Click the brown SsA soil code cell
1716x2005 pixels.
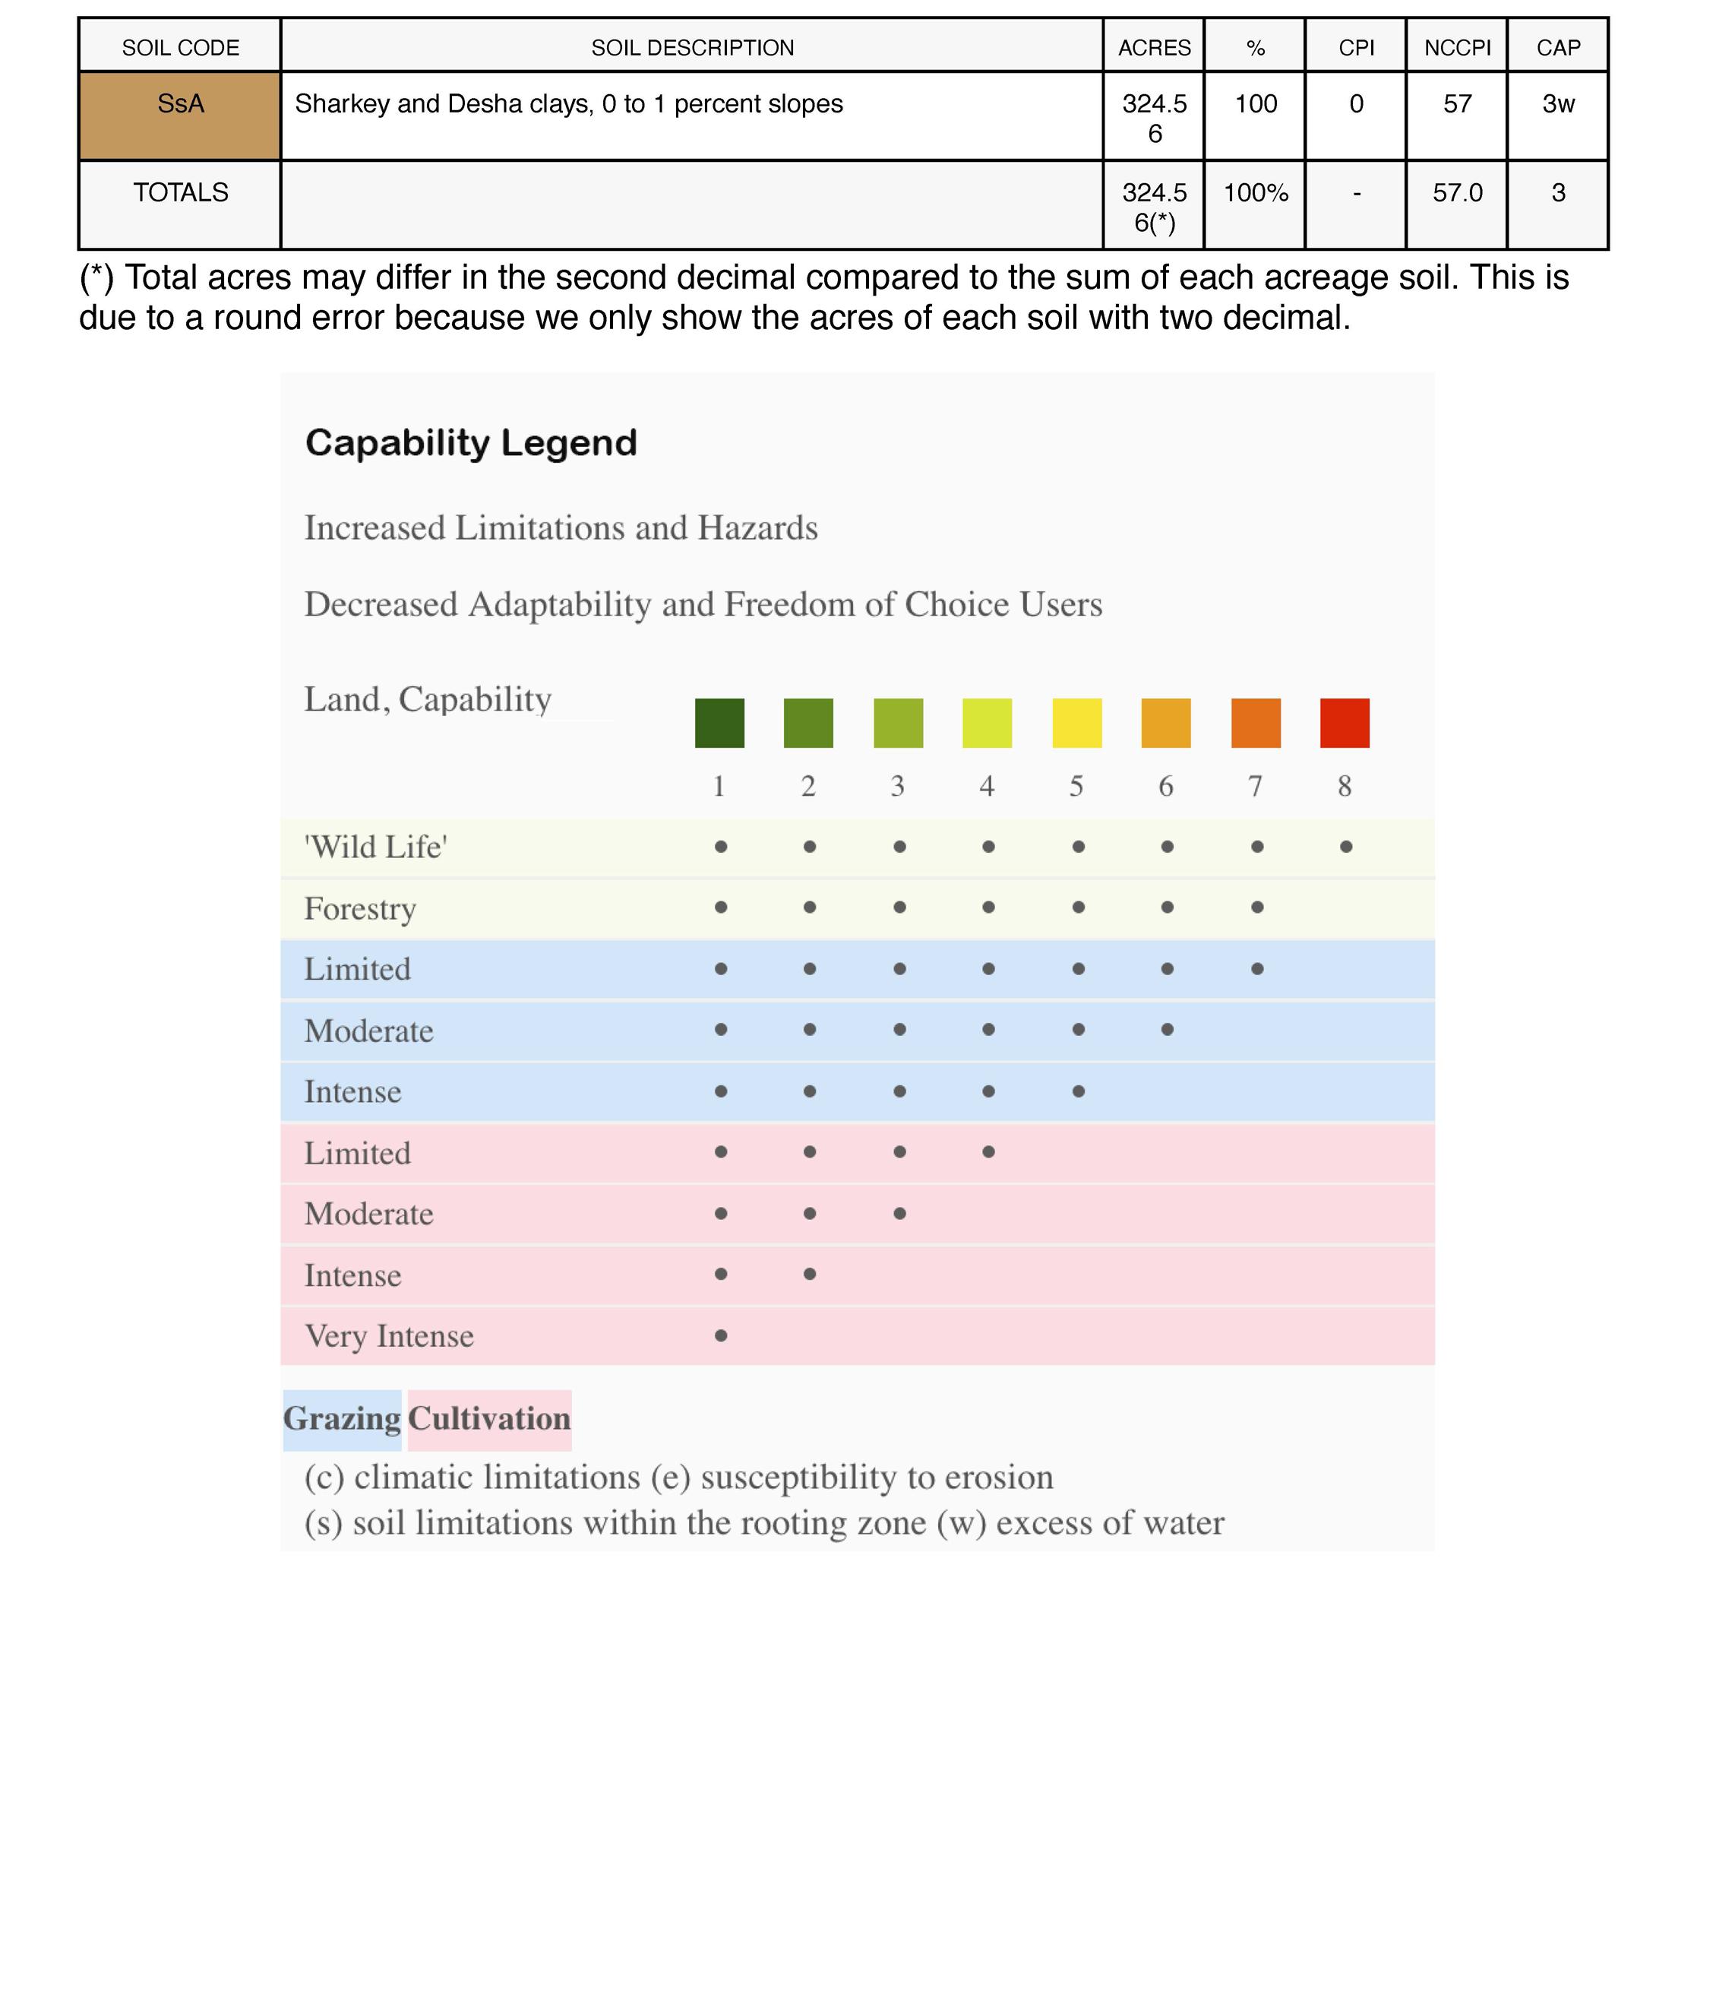[180, 116]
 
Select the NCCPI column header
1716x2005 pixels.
[1457, 47]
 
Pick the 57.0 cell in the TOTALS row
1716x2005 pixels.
[1457, 192]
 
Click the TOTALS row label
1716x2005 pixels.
[181, 192]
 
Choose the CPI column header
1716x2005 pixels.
[1356, 47]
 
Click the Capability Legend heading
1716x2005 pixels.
[471, 443]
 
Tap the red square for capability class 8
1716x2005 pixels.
[1345, 723]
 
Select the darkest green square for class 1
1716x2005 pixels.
[719, 723]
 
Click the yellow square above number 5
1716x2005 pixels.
[1076, 723]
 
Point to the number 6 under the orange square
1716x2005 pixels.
[1165, 786]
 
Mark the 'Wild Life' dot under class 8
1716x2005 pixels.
[1345, 847]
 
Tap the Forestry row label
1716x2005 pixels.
[360, 909]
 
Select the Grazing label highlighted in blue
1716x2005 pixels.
[342, 1418]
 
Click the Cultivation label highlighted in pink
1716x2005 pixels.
[489, 1418]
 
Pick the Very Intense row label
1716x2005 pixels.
[389, 1336]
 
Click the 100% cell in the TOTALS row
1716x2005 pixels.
[1256, 192]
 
